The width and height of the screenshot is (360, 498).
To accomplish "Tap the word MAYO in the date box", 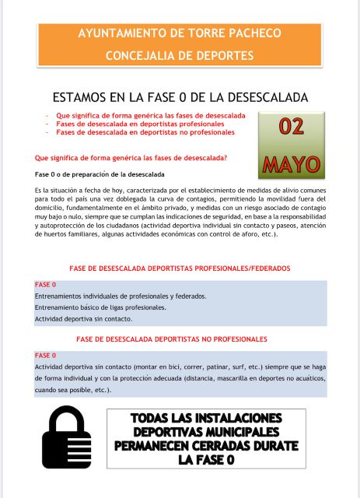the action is tap(291, 163).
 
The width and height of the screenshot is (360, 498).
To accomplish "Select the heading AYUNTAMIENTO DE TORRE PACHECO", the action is tap(180, 34).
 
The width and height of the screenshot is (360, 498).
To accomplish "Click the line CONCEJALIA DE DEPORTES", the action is tap(180, 56).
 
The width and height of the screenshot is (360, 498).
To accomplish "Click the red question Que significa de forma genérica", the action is tap(126, 157).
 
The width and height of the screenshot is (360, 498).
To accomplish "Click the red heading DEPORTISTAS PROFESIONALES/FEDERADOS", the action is tap(180, 268).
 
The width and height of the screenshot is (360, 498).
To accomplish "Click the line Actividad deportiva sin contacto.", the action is tap(83, 319).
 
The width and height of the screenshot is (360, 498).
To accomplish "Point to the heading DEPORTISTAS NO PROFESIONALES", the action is tap(172, 339).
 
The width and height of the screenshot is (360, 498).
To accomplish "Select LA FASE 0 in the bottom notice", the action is tap(205, 460).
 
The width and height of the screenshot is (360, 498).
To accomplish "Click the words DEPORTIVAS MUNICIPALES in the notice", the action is tap(205, 432).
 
